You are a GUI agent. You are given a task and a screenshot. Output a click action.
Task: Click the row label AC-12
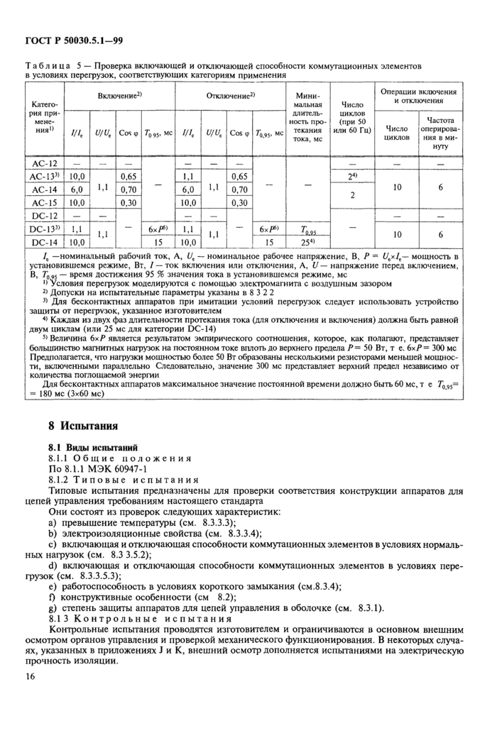point(44,163)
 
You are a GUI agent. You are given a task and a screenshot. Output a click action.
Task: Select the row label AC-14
point(44,189)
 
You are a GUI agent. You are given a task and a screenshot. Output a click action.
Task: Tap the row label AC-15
point(44,202)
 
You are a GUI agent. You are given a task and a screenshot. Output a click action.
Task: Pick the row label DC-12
point(44,215)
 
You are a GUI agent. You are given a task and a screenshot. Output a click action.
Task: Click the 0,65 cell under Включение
point(128,176)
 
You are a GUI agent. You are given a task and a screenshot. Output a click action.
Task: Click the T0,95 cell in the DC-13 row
point(309,228)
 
